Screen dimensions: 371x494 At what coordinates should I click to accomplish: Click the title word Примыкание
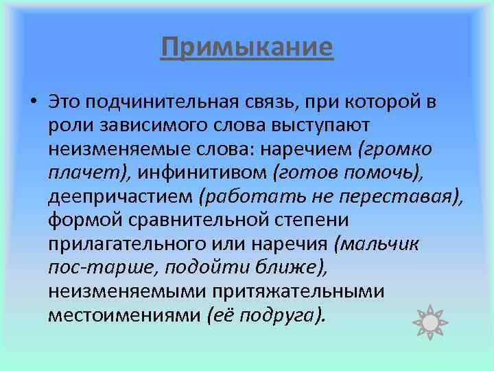247,47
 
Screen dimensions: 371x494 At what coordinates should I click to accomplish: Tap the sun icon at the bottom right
431,322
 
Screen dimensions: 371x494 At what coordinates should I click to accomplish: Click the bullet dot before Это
33,104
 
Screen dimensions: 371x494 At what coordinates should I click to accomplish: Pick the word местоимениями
124,314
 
